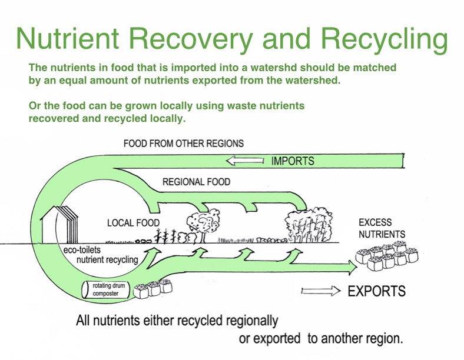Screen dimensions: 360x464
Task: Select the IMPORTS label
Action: click(293, 161)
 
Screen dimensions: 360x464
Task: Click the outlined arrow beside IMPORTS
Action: click(246, 161)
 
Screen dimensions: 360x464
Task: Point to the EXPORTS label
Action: click(377, 291)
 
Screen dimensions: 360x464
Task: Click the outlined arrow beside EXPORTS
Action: click(321, 291)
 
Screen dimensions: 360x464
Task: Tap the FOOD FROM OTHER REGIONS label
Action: click(184, 144)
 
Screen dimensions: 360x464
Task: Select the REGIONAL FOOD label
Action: click(197, 182)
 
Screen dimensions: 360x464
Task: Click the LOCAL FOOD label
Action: click(134, 224)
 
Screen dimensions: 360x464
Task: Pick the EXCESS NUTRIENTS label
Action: click(382, 228)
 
